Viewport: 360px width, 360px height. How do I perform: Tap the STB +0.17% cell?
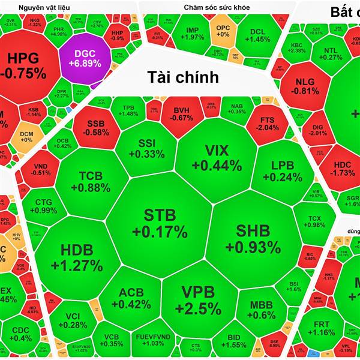160,223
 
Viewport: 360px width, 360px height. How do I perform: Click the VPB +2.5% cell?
197,300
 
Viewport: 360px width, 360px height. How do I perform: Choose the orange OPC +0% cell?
223,31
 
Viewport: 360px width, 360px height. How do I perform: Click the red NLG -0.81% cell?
308,86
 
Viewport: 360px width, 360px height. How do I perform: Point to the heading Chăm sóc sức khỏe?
217,7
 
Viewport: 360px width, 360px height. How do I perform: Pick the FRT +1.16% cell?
324,328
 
